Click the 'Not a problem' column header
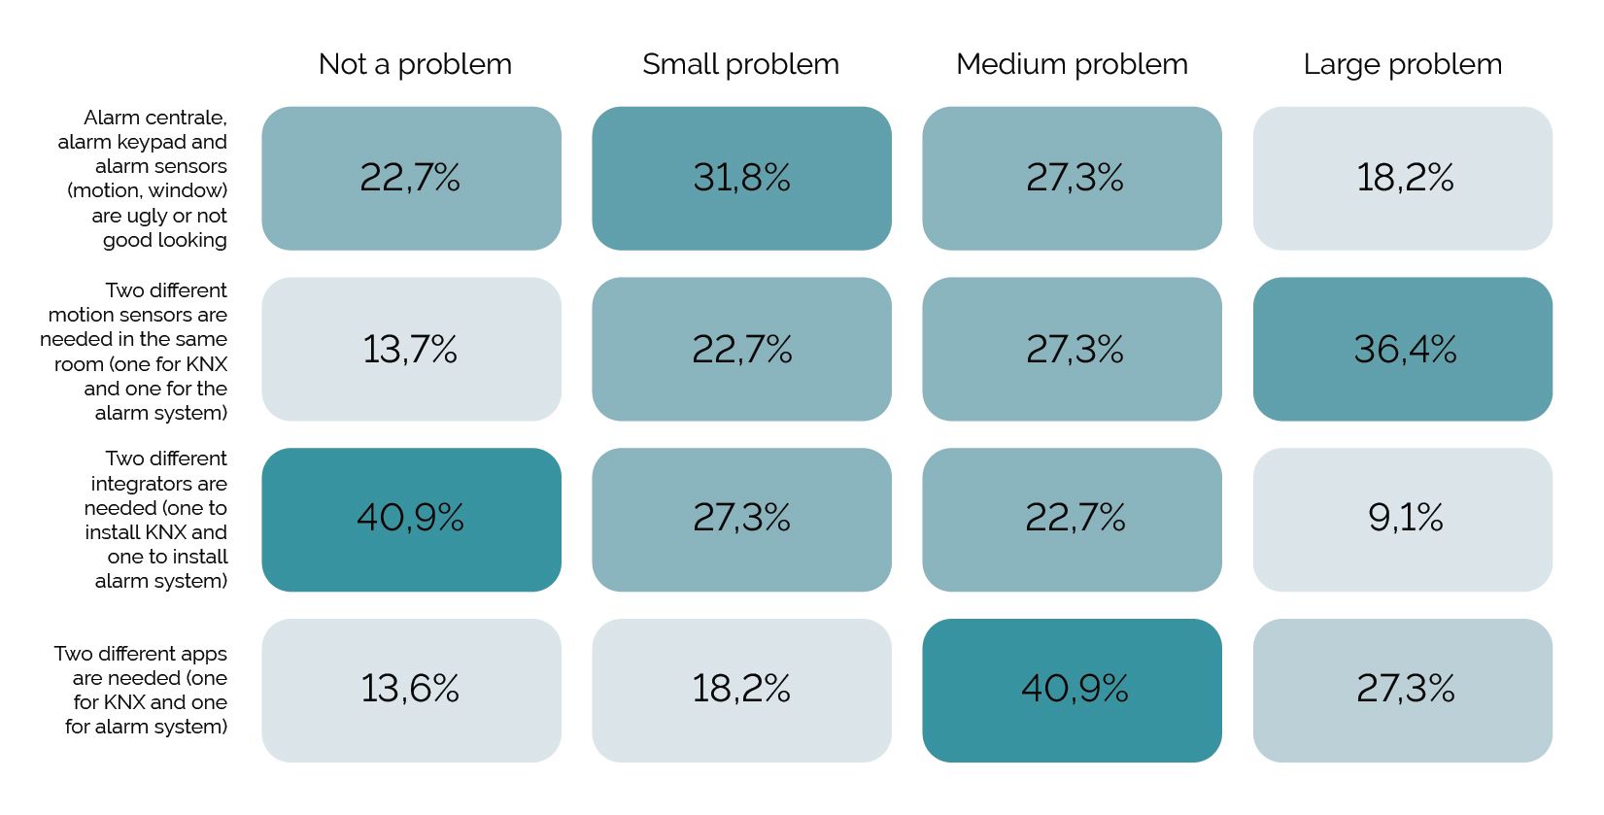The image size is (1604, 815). point(415,64)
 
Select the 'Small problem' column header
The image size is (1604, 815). point(740,64)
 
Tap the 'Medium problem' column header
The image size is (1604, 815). point(1072,64)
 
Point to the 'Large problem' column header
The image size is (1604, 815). point(1402,64)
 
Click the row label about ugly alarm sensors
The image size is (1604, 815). point(143,179)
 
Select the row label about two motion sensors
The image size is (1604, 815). point(134,351)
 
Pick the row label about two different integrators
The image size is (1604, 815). point(156,520)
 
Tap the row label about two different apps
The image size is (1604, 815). point(141,690)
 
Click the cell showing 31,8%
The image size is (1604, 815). point(742,179)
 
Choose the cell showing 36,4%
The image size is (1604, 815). point(1403,349)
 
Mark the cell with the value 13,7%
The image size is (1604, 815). point(412,349)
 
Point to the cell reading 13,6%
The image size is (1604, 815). point(412,691)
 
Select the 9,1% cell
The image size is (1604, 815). point(1403,520)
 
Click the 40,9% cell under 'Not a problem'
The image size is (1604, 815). point(412,520)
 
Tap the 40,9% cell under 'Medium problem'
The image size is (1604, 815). point(1072,691)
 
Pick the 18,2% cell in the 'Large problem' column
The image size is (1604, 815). point(1403,179)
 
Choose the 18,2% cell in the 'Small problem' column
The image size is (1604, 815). point(742,691)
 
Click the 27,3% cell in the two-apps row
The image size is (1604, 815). point(1403,691)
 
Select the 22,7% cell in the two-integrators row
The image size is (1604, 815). point(1072,520)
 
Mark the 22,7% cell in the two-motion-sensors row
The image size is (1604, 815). point(742,349)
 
